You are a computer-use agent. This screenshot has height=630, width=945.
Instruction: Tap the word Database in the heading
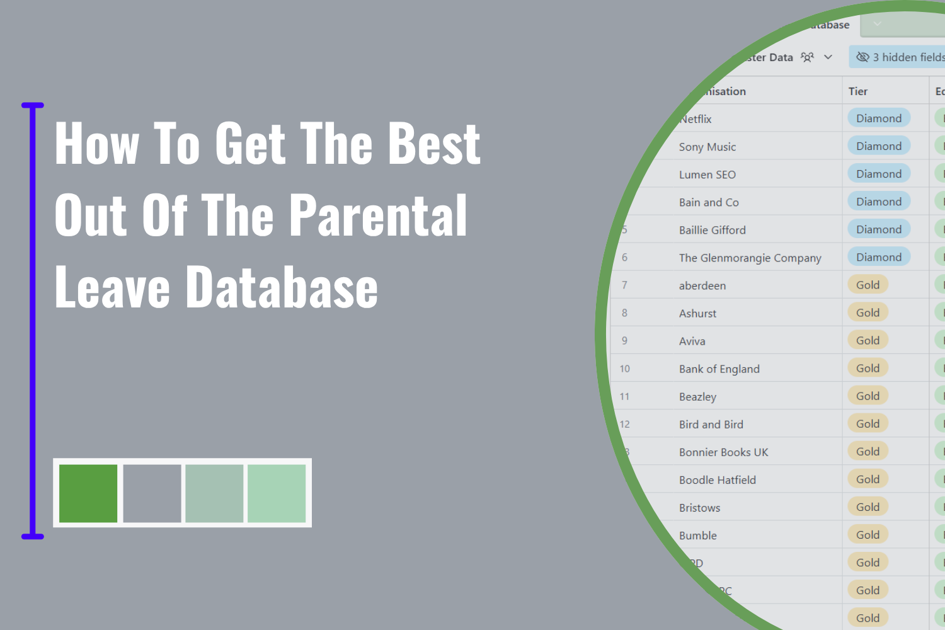(x=282, y=287)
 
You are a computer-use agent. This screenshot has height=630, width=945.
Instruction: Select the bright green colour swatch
(x=88, y=493)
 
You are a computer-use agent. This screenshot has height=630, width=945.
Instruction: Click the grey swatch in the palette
(x=152, y=493)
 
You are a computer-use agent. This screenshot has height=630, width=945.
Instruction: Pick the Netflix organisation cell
(x=696, y=119)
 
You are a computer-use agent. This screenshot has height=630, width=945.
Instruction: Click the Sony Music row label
(x=707, y=147)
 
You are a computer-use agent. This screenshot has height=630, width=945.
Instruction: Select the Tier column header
(x=858, y=91)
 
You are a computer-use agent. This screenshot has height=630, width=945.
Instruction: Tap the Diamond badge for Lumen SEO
(x=878, y=174)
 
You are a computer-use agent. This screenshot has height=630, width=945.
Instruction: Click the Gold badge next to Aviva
(x=868, y=340)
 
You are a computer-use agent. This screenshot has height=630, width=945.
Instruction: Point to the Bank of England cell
(x=719, y=369)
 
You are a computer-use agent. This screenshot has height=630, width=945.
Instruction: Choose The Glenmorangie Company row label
(x=750, y=258)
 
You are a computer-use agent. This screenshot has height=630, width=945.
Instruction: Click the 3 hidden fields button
(x=901, y=57)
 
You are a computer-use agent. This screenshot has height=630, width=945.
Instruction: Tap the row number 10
(x=624, y=369)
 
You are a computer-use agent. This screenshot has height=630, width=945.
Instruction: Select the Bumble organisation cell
(x=698, y=535)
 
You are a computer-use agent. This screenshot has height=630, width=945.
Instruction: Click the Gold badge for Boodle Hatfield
(x=868, y=479)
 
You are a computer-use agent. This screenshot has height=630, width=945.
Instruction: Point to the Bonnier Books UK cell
(x=723, y=452)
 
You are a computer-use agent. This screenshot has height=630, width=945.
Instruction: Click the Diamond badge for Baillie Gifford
(x=878, y=229)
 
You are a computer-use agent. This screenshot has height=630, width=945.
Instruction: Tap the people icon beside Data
(x=807, y=57)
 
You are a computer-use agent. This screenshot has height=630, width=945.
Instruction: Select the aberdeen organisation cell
(x=702, y=285)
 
